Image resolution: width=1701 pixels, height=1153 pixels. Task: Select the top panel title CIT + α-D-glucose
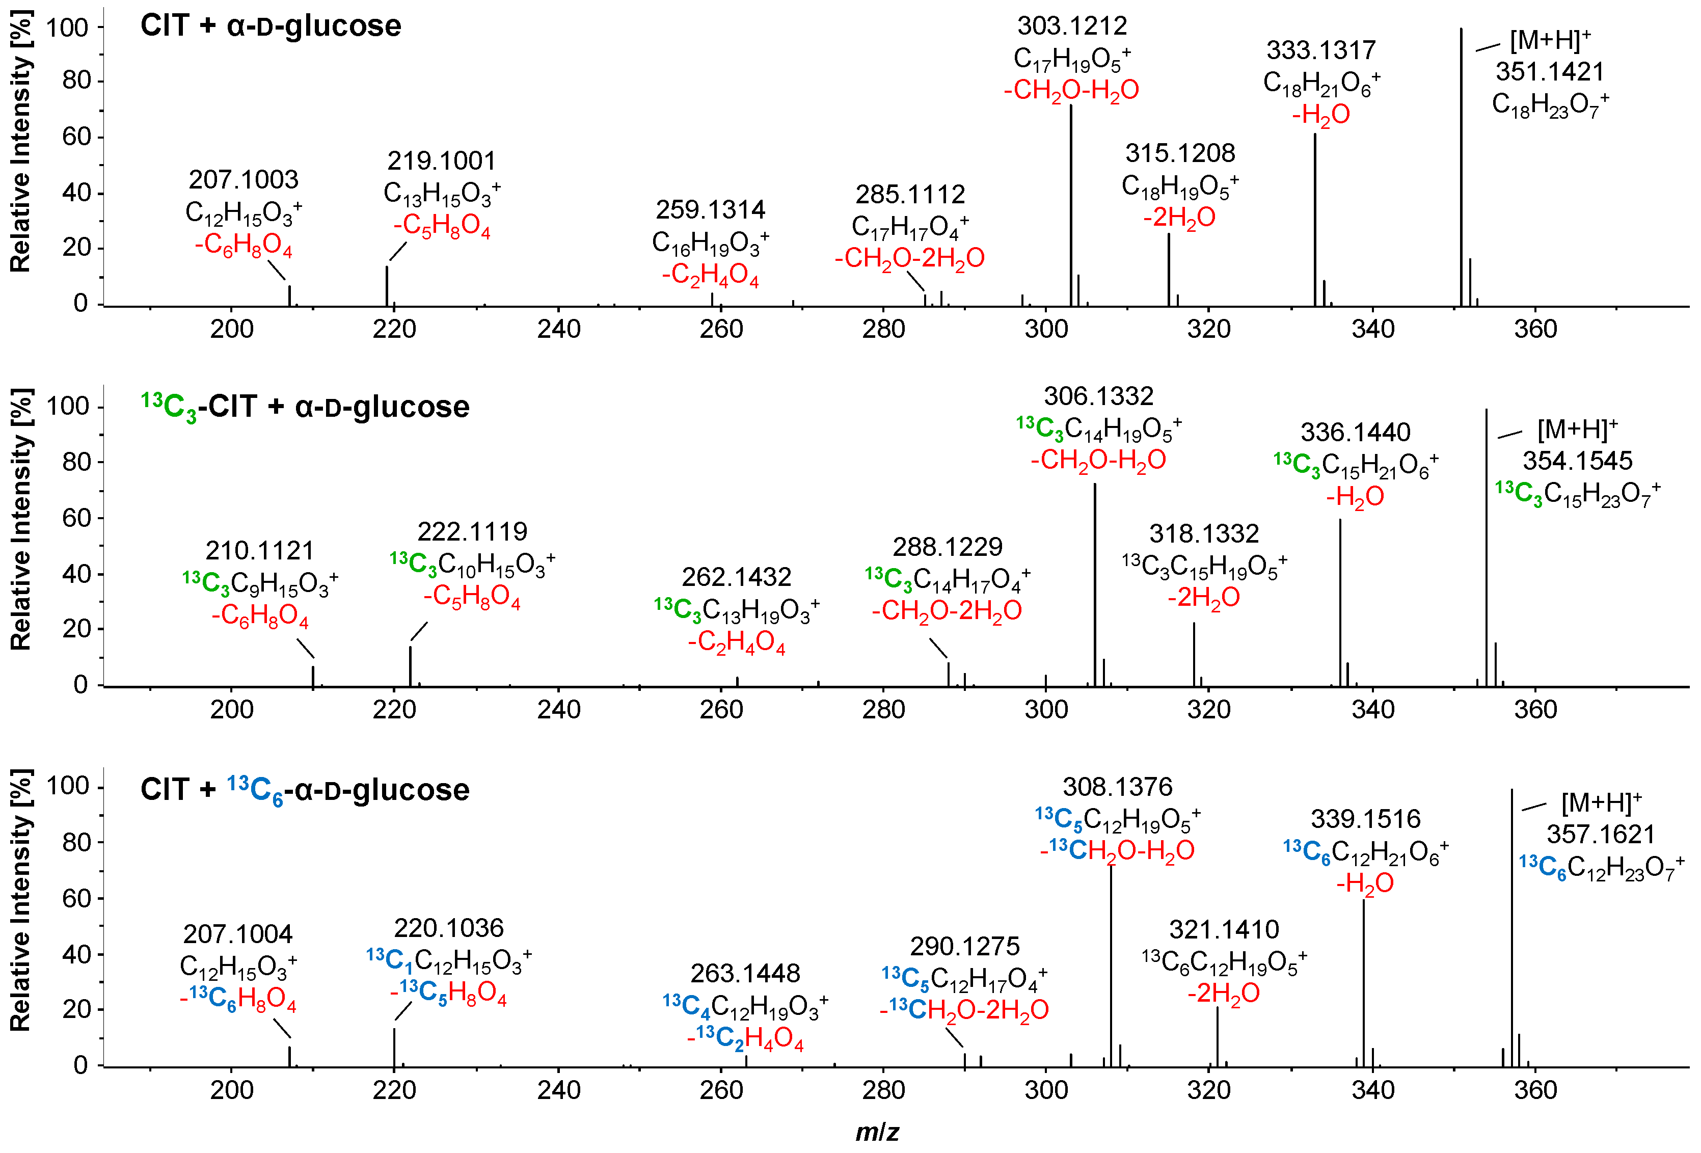(271, 26)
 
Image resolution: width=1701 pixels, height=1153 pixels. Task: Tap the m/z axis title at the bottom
(877, 1132)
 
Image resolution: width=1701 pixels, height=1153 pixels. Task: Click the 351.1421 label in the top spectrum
(1550, 72)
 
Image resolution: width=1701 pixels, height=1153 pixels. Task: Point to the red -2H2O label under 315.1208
(1179, 218)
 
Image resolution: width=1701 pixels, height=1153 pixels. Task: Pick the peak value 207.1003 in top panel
(244, 180)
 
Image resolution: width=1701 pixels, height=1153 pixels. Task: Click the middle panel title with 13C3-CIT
(305, 407)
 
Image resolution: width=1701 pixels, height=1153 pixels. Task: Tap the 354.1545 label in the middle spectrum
(1577, 461)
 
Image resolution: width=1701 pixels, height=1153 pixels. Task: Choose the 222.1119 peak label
(472, 531)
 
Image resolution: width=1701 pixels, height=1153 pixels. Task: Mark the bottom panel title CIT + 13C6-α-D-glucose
(305, 790)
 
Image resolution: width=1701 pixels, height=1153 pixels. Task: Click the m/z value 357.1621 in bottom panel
(1601, 835)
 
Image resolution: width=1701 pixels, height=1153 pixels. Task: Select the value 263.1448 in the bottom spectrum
(745, 974)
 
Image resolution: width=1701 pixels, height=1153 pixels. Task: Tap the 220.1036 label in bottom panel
(449, 928)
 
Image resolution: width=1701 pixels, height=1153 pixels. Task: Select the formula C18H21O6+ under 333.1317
(1321, 84)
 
